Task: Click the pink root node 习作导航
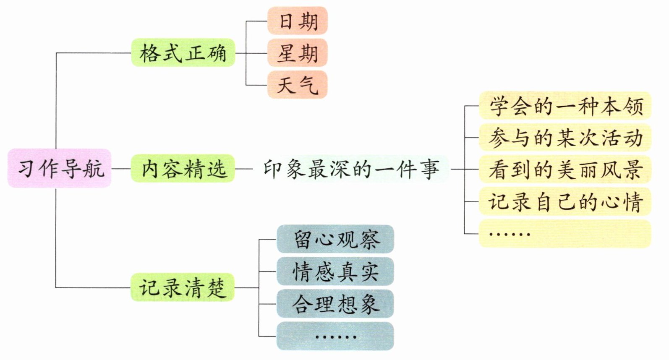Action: pyautogui.click(x=60, y=168)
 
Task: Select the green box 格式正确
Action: pyautogui.click(x=183, y=53)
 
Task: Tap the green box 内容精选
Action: pyautogui.click(x=183, y=168)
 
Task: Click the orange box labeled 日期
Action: pyautogui.click(x=298, y=21)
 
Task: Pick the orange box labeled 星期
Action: pyautogui.click(x=298, y=53)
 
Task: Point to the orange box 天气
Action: pyautogui.click(x=298, y=85)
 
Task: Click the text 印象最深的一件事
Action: pyautogui.click(x=351, y=169)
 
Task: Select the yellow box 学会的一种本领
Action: pyautogui.click(x=565, y=106)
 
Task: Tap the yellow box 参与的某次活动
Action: pyautogui.click(x=565, y=138)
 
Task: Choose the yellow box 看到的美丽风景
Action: pyautogui.click(x=565, y=169)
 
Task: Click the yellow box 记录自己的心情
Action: pyautogui.click(x=565, y=201)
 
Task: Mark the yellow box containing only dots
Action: pyautogui.click(x=565, y=233)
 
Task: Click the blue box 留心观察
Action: pyautogui.click(x=335, y=239)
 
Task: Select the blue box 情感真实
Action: pyautogui.click(x=335, y=271)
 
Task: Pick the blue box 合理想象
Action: pyautogui.click(x=335, y=304)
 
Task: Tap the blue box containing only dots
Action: pyautogui.click(x=335, y=336)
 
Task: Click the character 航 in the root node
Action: pyautogui.click(x=94, y=168)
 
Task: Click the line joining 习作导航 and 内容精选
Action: pyautogui.click(x=121, y=169)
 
